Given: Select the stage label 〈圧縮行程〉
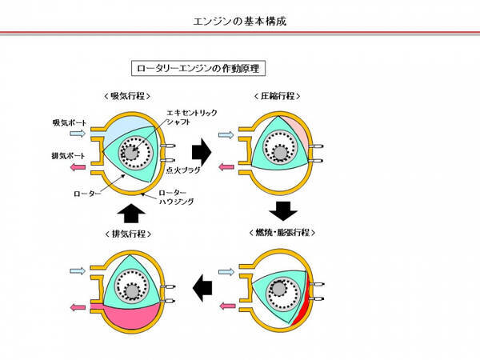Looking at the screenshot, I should click(274, 95).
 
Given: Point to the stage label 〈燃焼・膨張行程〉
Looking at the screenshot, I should click(279, 232).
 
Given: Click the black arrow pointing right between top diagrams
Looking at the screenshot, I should click(202, 149).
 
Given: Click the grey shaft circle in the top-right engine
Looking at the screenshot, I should click(279, 153).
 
